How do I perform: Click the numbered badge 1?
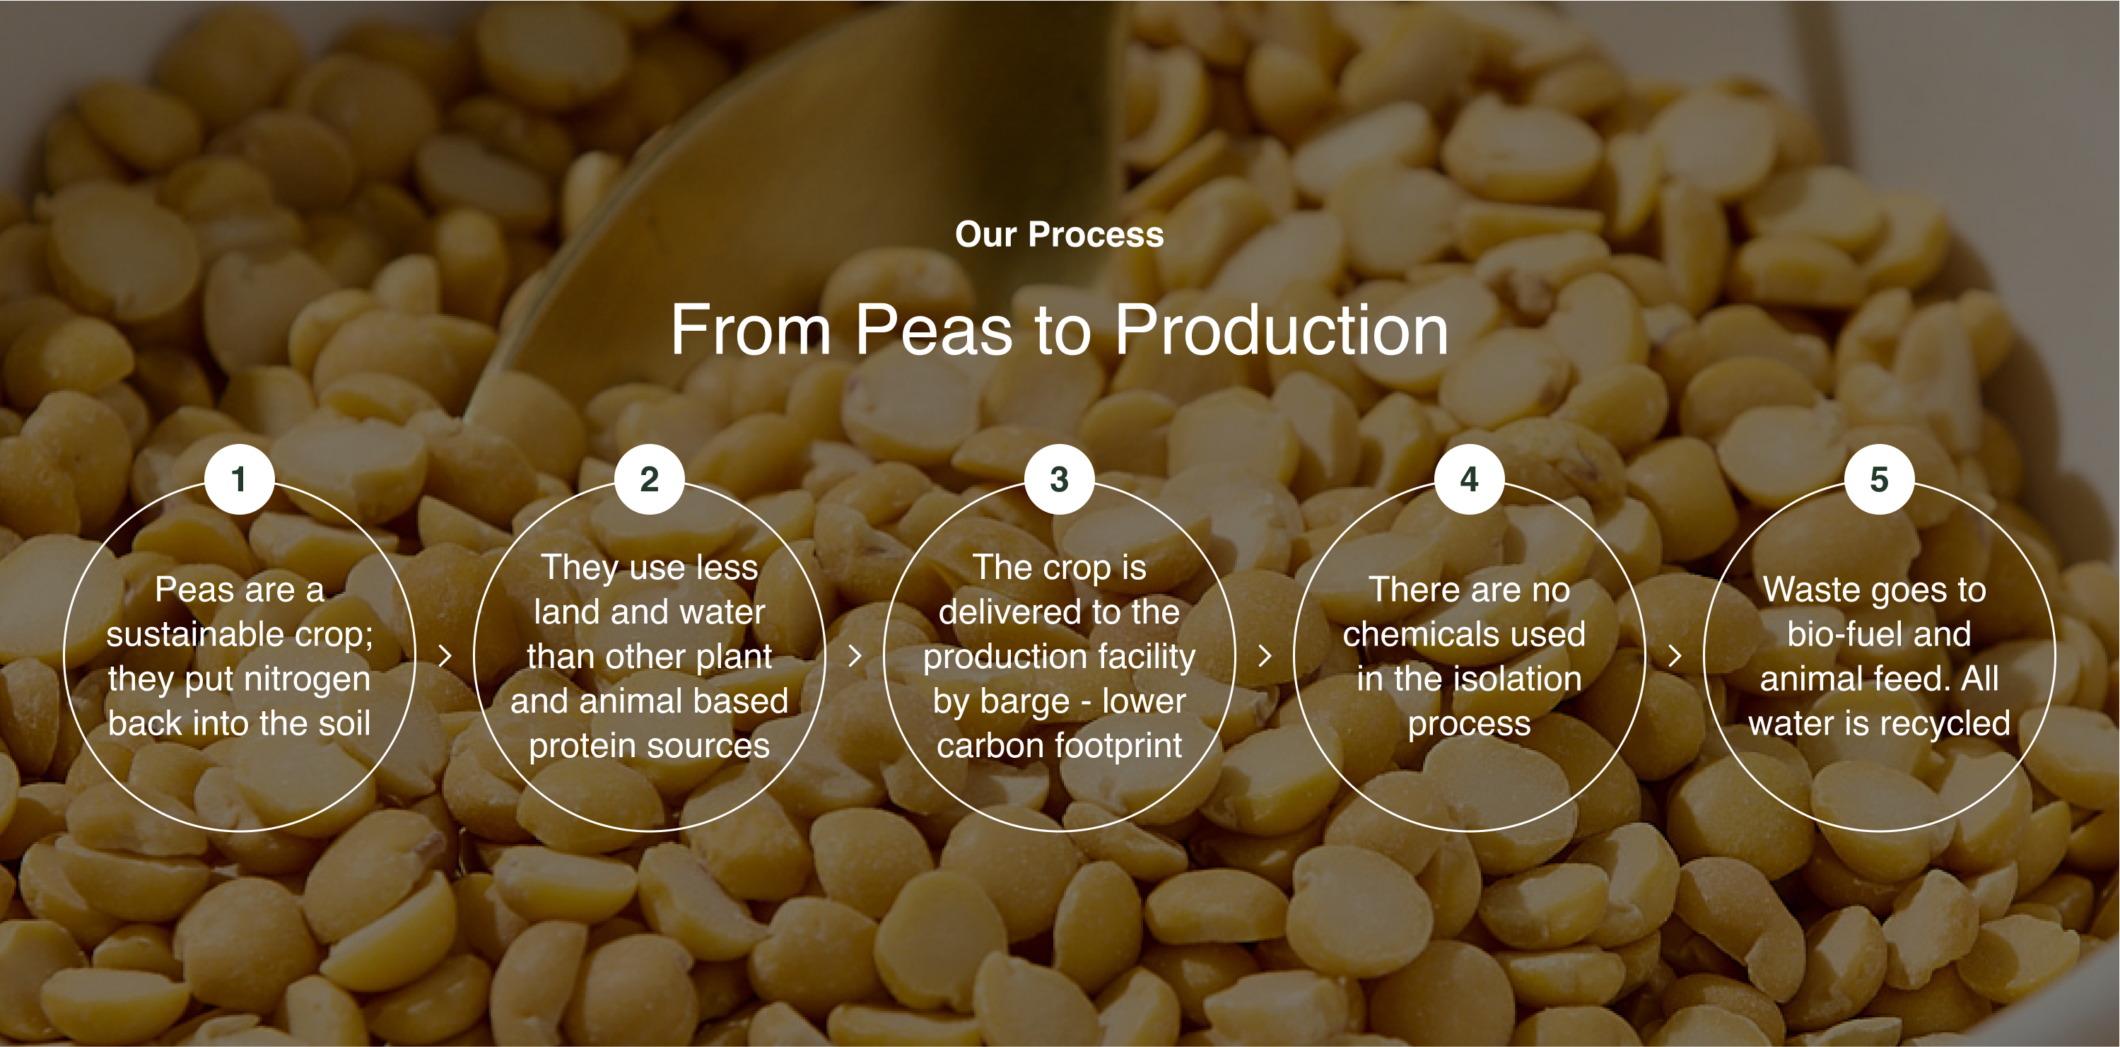(x=239, y=479)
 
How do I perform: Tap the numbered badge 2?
(x=650, y=479)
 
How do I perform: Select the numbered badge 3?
(x=1059, y=479)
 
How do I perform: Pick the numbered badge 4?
(x=1469, y=479)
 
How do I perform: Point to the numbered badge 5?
(x=1879, y=479)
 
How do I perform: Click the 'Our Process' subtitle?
(x=1059, y=235)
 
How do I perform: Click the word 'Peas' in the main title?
(x=933, y=330)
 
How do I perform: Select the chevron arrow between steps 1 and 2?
(x=445, y=656)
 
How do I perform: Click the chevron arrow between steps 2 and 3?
(x=855, y=656)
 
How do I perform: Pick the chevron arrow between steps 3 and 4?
(x=1265, y=656)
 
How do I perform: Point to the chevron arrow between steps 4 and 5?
(x=1675, y=656)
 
